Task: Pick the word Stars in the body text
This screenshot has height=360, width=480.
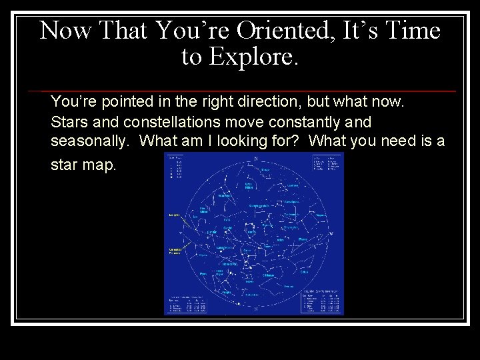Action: tap(67, 122)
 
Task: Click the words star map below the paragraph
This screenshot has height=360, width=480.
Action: tap(83, 164)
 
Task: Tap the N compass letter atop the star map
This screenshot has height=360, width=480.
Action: tap(255, 158)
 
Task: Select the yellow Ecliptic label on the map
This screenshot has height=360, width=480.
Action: tap(174, 215)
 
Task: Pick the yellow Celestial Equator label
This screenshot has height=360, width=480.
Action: tap(175, 250)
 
